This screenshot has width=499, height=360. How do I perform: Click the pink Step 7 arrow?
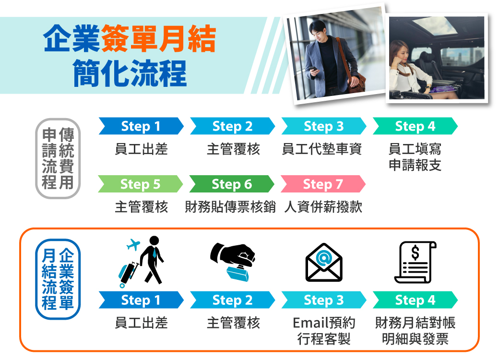coord(323,184)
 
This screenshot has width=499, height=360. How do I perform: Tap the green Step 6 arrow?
coord(232,184)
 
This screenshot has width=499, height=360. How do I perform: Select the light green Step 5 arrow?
coord(140,184)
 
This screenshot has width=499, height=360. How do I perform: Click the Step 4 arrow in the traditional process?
coord(415,126)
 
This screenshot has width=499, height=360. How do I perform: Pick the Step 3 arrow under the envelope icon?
coord(324,300)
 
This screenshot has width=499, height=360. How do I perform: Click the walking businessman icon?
coord(152,260)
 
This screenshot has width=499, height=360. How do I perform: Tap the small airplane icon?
coord(133,244)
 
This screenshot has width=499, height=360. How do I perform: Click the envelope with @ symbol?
coord(324,263)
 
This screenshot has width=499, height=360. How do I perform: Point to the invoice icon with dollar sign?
coord(415,263)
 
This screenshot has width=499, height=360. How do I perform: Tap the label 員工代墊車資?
coord(322,149)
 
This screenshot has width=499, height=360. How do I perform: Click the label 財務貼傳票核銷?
coord(230,207)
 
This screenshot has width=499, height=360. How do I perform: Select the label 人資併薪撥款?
coord(323,207)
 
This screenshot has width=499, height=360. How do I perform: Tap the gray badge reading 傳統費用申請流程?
coord(58,158)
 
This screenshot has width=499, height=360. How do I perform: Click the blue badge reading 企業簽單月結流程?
coord(58,279)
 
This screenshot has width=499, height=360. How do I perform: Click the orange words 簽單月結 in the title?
coord(158,38)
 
